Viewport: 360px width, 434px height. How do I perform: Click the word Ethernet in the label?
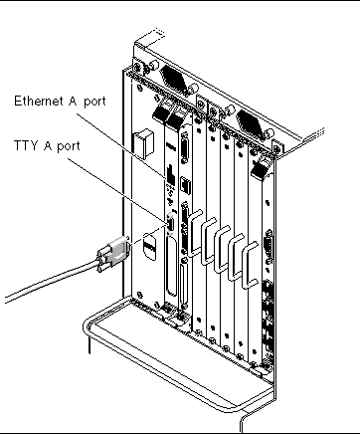tap(39, 101)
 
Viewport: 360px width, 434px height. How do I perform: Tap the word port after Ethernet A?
tap(94, 102)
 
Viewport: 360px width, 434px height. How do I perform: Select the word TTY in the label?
tap(26, 145)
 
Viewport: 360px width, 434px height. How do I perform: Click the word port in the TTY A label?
tap(69, 146)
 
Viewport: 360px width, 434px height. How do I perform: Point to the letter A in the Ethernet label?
tap(73, 101)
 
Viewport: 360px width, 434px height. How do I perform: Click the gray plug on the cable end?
tap(113, 254)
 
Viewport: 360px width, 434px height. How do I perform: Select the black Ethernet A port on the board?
tap(171, 174)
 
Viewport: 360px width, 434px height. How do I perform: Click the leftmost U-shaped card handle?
tap(195, 232)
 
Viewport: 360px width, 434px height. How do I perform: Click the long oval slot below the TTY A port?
tap(171, 267)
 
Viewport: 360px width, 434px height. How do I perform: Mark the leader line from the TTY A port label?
tap(117, 190)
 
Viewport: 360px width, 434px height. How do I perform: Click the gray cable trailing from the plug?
tap(52, 281)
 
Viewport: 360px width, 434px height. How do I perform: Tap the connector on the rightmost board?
tap(269, 245)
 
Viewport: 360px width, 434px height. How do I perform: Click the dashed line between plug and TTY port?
tap(148, 234)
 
